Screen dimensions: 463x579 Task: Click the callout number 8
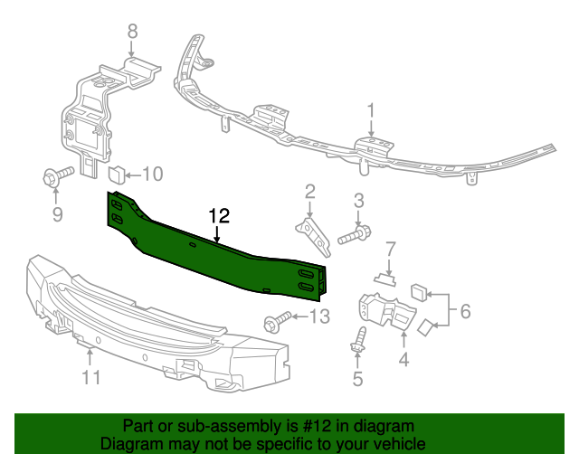pyautogui.click(x=132, y=31)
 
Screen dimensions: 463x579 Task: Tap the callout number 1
pyautogui.click(x=371, y=110)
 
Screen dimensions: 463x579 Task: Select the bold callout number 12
pyautogui.click(x=219, y=216)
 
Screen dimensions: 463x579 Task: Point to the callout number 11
pyautogui.click(x=90, y=377)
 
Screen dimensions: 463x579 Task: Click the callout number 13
pyautogui.click(x=320, y=316)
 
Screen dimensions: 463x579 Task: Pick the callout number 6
pyautogui.click(x=464, y=311)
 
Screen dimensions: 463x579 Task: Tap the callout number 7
pyautogui.click(x=391, y=248)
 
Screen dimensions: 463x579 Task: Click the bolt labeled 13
pyautogui.click(x=276, y=321)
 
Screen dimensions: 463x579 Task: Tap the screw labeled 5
pyautogui.click(x=357, y=341)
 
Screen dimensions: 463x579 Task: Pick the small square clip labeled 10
pyautogui.click(x=117, y=173)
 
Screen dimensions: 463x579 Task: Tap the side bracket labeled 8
pyautogui.click(x=90, y=118)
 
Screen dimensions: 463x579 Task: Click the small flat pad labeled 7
pyautogui.click(x=385, y=279)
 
